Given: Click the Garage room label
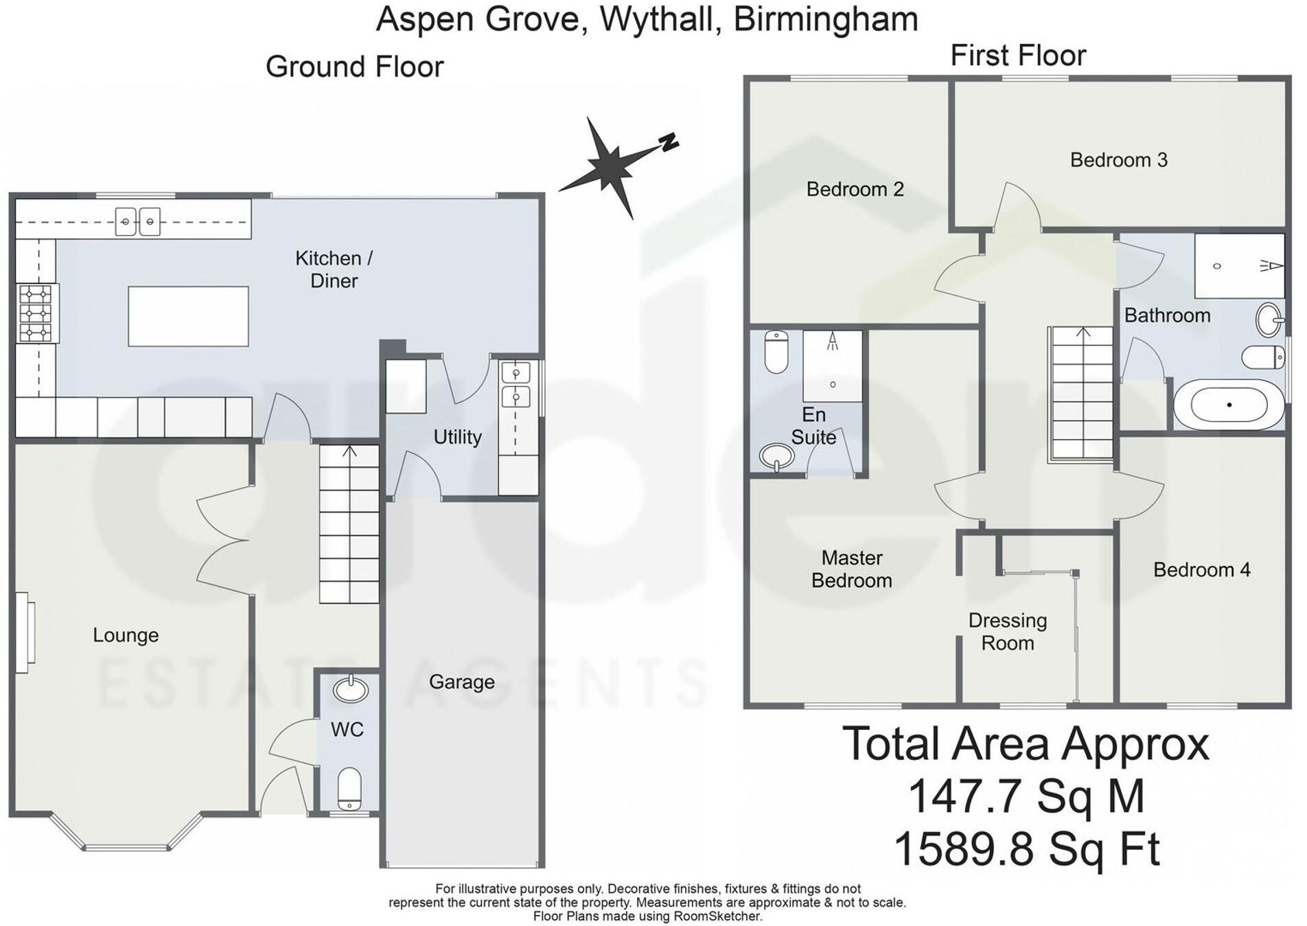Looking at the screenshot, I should coord(461,682).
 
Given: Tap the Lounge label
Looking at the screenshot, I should coord(126,635).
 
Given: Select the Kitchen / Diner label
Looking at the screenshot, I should coord(334,269).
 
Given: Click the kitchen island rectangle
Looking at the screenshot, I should coord(188,316).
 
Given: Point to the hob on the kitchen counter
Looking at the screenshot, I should coord(36,313).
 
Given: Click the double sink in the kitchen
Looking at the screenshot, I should coord(137,222).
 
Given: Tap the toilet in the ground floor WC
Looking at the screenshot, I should coord(349,788).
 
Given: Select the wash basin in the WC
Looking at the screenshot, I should coord(350,689).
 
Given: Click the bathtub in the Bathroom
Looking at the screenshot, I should coord(1228,405).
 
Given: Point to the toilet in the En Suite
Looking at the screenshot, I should coord(776,351).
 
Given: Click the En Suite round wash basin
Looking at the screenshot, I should coord(776,456).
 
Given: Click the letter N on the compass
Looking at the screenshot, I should coord(669,142).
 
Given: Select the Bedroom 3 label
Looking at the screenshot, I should coord(1118,160).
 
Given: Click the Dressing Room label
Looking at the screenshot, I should coord(1007,632).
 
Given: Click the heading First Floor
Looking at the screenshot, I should coord(1017,56).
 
